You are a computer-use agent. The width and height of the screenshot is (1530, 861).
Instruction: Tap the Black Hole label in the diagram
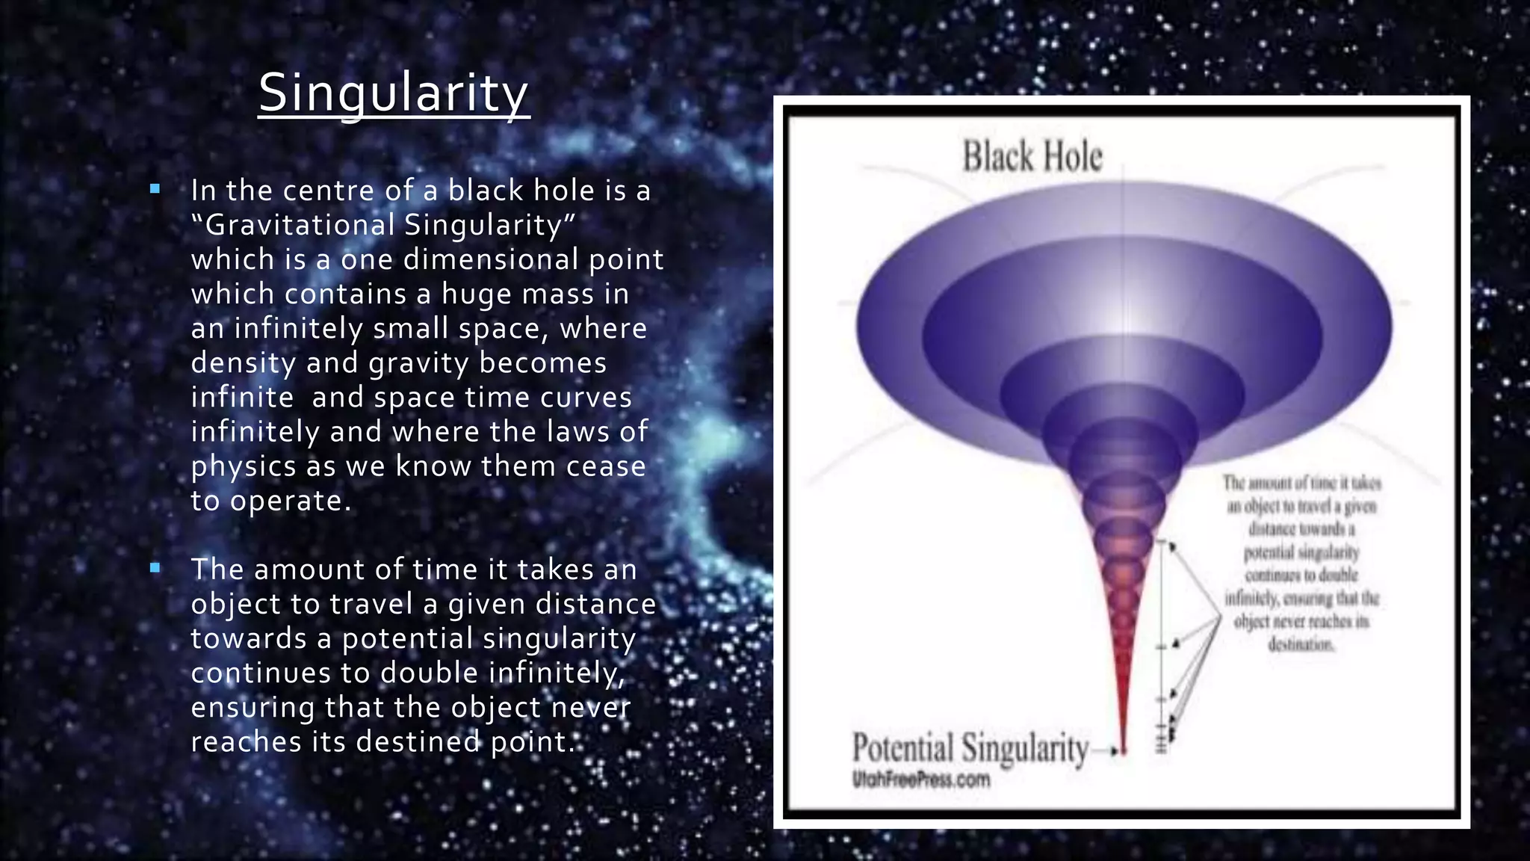click(x=1032, y=157)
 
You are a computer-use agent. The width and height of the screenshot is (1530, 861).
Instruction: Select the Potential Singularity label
click(x=970, y=748)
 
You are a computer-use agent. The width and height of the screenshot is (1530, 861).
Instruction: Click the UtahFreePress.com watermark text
click(x=921, y=780)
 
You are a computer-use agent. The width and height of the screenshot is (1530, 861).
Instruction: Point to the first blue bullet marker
click(x=155, y=190)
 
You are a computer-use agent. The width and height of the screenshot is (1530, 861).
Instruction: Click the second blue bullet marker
click(x=155, y=569)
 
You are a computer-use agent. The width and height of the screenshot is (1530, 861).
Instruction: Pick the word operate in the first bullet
click(x=290, y=501)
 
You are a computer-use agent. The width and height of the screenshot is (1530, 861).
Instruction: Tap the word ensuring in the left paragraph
click(x=253, y=708)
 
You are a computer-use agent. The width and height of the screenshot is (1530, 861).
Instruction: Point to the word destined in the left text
click(x=418, y=742)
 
